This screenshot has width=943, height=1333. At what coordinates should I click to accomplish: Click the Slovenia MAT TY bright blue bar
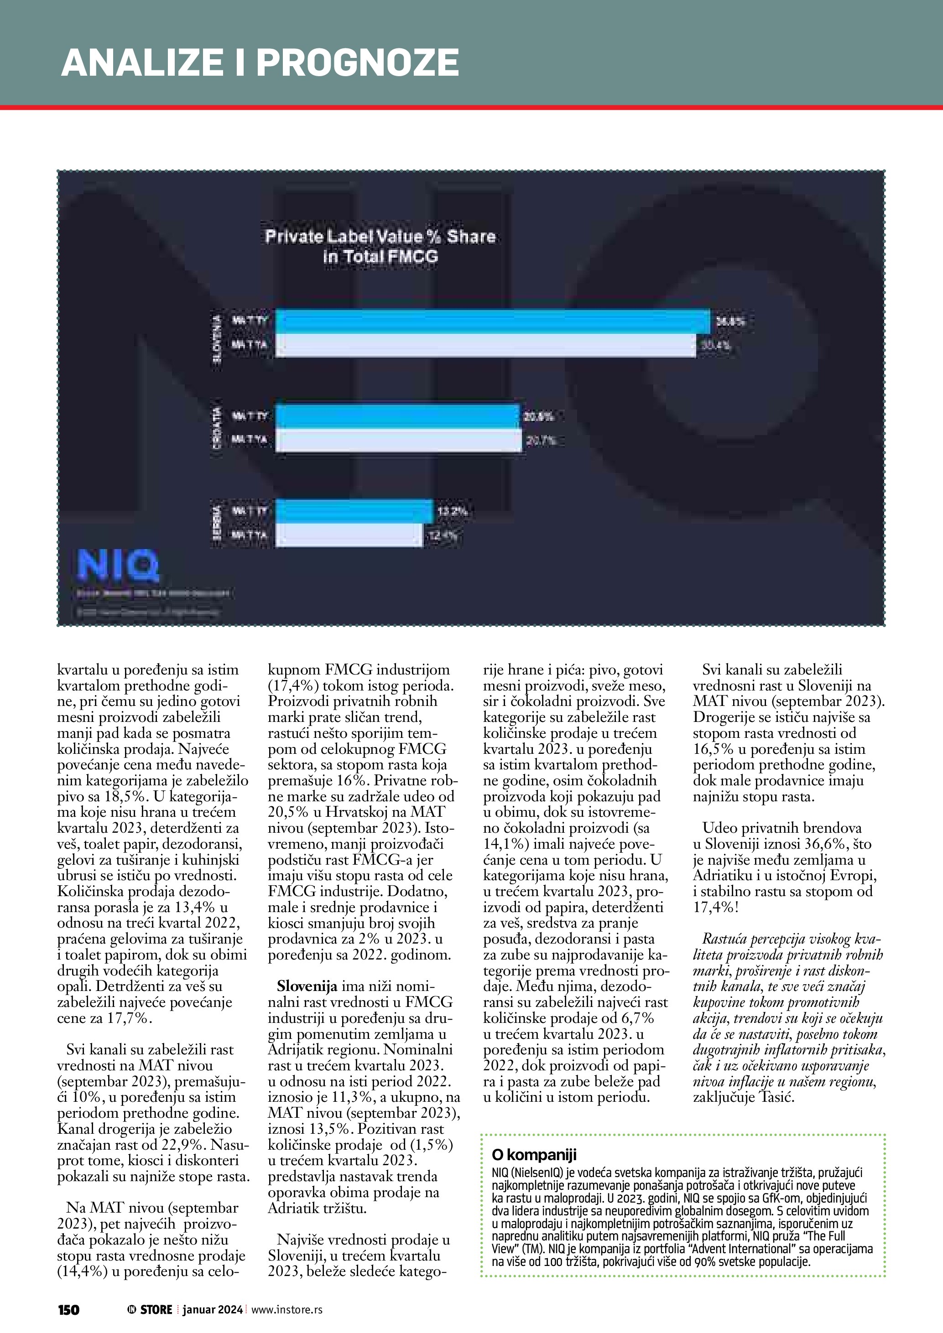tap(492, 322)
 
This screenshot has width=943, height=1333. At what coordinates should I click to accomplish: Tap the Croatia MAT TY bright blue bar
tap(398, 416)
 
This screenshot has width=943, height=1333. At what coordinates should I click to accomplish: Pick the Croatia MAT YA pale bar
tap(399, 441)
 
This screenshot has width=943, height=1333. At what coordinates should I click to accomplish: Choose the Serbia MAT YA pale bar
tap(349, 535)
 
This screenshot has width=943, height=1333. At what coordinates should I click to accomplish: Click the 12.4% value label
tap(443, 535)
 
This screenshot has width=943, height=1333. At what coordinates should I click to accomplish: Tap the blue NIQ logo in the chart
tap(118, 565)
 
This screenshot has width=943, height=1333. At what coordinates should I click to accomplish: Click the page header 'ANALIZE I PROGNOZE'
tap(260, 62)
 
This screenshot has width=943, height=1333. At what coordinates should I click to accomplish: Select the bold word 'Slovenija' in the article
tap(307, 986)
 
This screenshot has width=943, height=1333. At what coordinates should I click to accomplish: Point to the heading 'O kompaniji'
tap(534, 1155)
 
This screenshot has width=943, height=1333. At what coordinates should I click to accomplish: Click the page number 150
tap(68, 1309)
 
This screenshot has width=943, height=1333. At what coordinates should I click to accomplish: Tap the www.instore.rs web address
tap(287, 1309)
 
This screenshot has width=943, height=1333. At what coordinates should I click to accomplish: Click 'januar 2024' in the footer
tap(212, 1309)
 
